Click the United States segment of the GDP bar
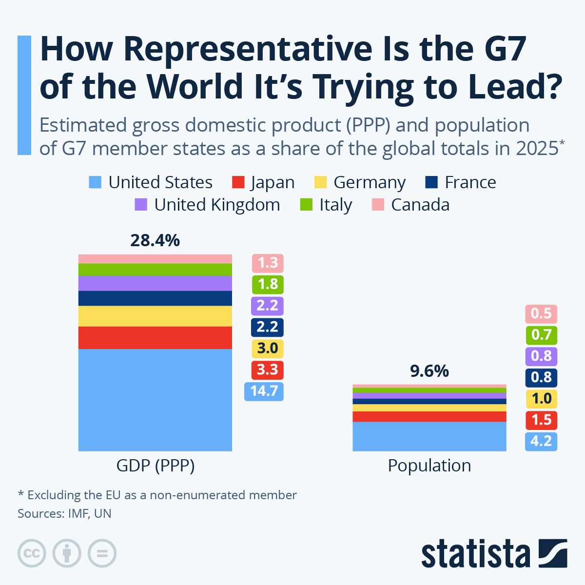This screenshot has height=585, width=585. point(155,400)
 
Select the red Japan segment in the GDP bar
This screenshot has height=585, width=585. point(155,337)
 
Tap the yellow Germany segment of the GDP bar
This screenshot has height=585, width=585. point(155,316)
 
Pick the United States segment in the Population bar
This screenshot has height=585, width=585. point(429,436)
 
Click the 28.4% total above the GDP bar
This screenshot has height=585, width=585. point(155,240)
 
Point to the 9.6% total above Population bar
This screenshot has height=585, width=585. point(429,371)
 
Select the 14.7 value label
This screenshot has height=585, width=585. point(264,391)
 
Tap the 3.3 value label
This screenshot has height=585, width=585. point(267,370)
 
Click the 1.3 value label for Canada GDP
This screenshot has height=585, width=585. point(267,263)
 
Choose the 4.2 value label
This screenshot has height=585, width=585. point(541,441)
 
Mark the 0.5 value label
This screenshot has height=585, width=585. point(541,313)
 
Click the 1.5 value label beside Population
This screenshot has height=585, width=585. point(541,420)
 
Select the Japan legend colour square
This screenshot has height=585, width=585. point(238,182)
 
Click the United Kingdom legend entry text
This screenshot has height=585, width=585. point(217,205)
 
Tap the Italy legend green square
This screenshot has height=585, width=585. point(306,205)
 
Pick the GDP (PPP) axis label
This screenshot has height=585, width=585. point(155,466)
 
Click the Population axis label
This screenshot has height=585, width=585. point(429,466)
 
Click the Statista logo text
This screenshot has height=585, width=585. point(475,554)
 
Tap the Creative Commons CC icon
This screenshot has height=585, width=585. point(32,554)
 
